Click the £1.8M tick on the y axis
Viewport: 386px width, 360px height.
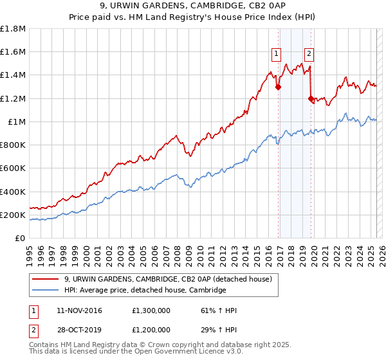[x=14, y=29]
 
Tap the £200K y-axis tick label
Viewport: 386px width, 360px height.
[x=14, y=215]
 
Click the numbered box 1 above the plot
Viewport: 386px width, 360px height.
[x=277, y=54]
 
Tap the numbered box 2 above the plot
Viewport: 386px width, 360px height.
[x=309, y=54]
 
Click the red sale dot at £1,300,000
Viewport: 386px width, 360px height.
[x=278, y=87]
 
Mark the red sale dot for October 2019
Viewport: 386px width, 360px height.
[x=311, y=98]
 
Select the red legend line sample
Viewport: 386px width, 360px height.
[x=46, y=279]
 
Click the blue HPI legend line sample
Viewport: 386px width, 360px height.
[x=46, y=291]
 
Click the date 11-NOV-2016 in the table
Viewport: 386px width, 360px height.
[x=80, y=310]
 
